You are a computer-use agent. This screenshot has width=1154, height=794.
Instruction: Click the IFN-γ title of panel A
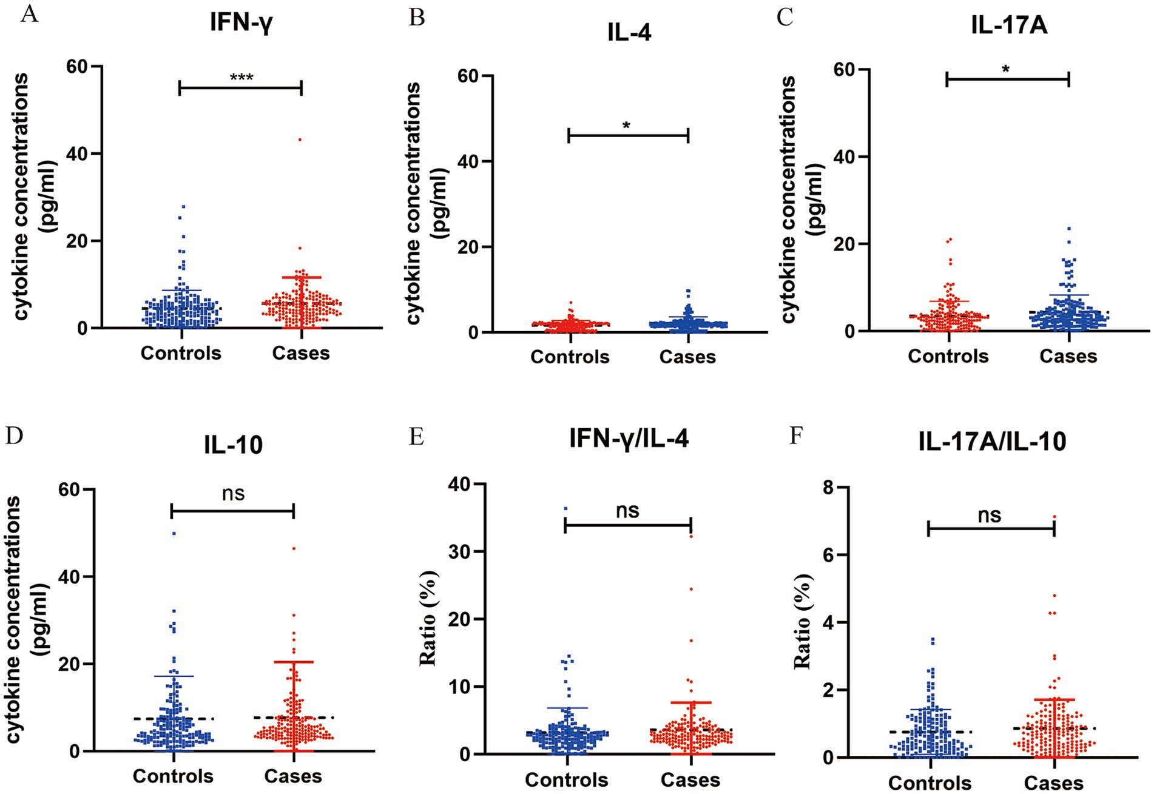[241, 23]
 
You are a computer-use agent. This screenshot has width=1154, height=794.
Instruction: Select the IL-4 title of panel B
[629, 33]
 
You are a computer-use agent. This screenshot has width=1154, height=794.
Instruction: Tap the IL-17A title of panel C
[1008, 26]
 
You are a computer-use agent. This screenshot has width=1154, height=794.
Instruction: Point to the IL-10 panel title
[233, 445]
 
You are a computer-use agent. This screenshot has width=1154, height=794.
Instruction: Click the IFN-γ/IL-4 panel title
[629, 439]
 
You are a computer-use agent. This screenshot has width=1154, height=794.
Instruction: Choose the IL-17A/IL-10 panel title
[992, 442]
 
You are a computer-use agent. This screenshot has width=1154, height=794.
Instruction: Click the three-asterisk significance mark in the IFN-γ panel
[241, 78]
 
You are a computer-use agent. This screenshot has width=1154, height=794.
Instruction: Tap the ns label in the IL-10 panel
[233, 494]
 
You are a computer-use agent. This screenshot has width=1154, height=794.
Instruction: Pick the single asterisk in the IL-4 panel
[627, 126]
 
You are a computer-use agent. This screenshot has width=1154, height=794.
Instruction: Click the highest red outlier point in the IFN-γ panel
[300, 140]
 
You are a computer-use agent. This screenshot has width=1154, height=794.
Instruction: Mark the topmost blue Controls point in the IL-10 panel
[174, 534]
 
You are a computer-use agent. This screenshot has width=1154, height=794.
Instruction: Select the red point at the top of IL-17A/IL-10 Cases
[1054, 517]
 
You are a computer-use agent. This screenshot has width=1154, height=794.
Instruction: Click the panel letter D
[13, 436]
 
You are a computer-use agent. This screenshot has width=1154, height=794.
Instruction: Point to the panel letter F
[795, 436]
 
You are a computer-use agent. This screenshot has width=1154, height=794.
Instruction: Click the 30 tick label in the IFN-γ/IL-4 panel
[460, 551]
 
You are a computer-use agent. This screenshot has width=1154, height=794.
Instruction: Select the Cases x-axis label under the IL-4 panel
[687, 357]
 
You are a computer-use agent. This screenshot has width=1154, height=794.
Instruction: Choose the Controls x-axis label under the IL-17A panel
[948, 356]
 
